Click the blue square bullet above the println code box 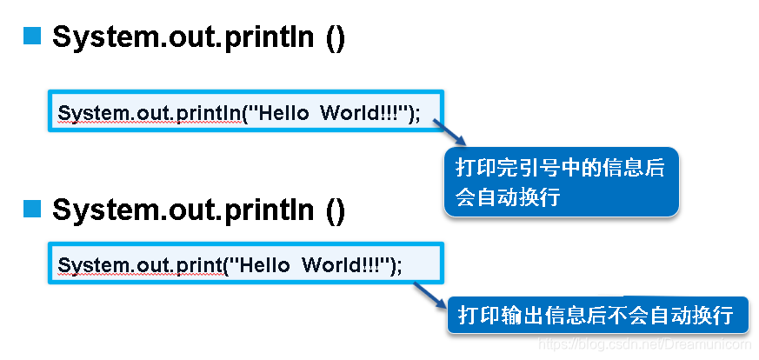coord(32,37)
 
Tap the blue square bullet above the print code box coord(32,208)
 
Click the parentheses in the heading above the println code coord(335,38)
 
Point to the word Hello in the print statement coord(266,266)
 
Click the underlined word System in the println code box coord(84,114)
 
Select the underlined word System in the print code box coord(84,266)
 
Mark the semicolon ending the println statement coord(417,115)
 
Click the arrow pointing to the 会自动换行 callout coord(449,133)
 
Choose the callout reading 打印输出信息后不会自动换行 coord(596,315)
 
